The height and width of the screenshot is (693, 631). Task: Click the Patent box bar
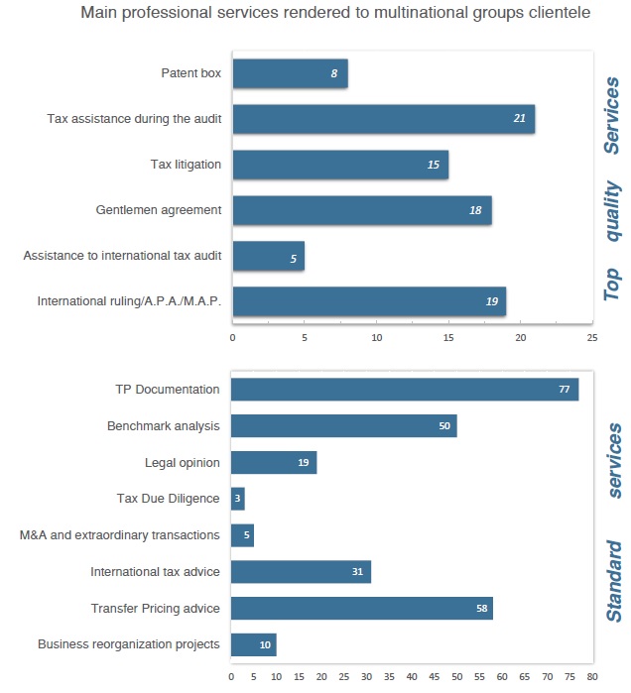point(289,73)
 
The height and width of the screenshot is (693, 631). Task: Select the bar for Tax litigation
point(339,165)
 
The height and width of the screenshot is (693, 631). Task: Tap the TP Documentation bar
point(404,390)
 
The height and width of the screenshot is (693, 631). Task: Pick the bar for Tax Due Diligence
point(237,499)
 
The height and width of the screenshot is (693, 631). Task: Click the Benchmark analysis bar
point(343,426)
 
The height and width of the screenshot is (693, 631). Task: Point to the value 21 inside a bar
point(519,119)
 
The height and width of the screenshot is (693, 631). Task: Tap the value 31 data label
point(357,572)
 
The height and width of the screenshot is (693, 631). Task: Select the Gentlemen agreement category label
point(159,210)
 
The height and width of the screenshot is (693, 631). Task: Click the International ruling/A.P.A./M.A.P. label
point(129,301)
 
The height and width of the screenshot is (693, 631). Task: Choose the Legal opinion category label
point(183,462)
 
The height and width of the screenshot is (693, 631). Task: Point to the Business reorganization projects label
point(128,644)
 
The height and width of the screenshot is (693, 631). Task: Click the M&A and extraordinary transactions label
point(119,535)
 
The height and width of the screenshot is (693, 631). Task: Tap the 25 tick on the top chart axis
point(591,338)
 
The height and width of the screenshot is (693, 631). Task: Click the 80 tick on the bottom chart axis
point(591,678)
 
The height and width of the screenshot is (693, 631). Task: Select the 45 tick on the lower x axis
point(434,678)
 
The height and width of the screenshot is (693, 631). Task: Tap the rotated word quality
point(613,210)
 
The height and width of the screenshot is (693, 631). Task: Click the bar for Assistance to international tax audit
point(268,256)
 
